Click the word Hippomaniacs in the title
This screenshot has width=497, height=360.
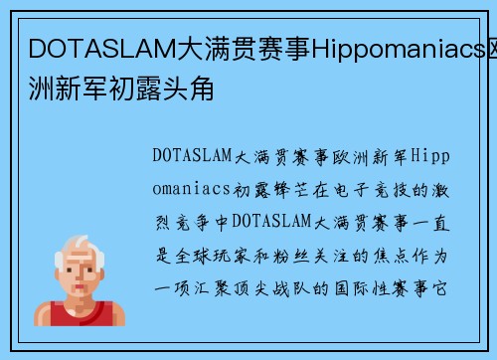(x=369, y=46)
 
